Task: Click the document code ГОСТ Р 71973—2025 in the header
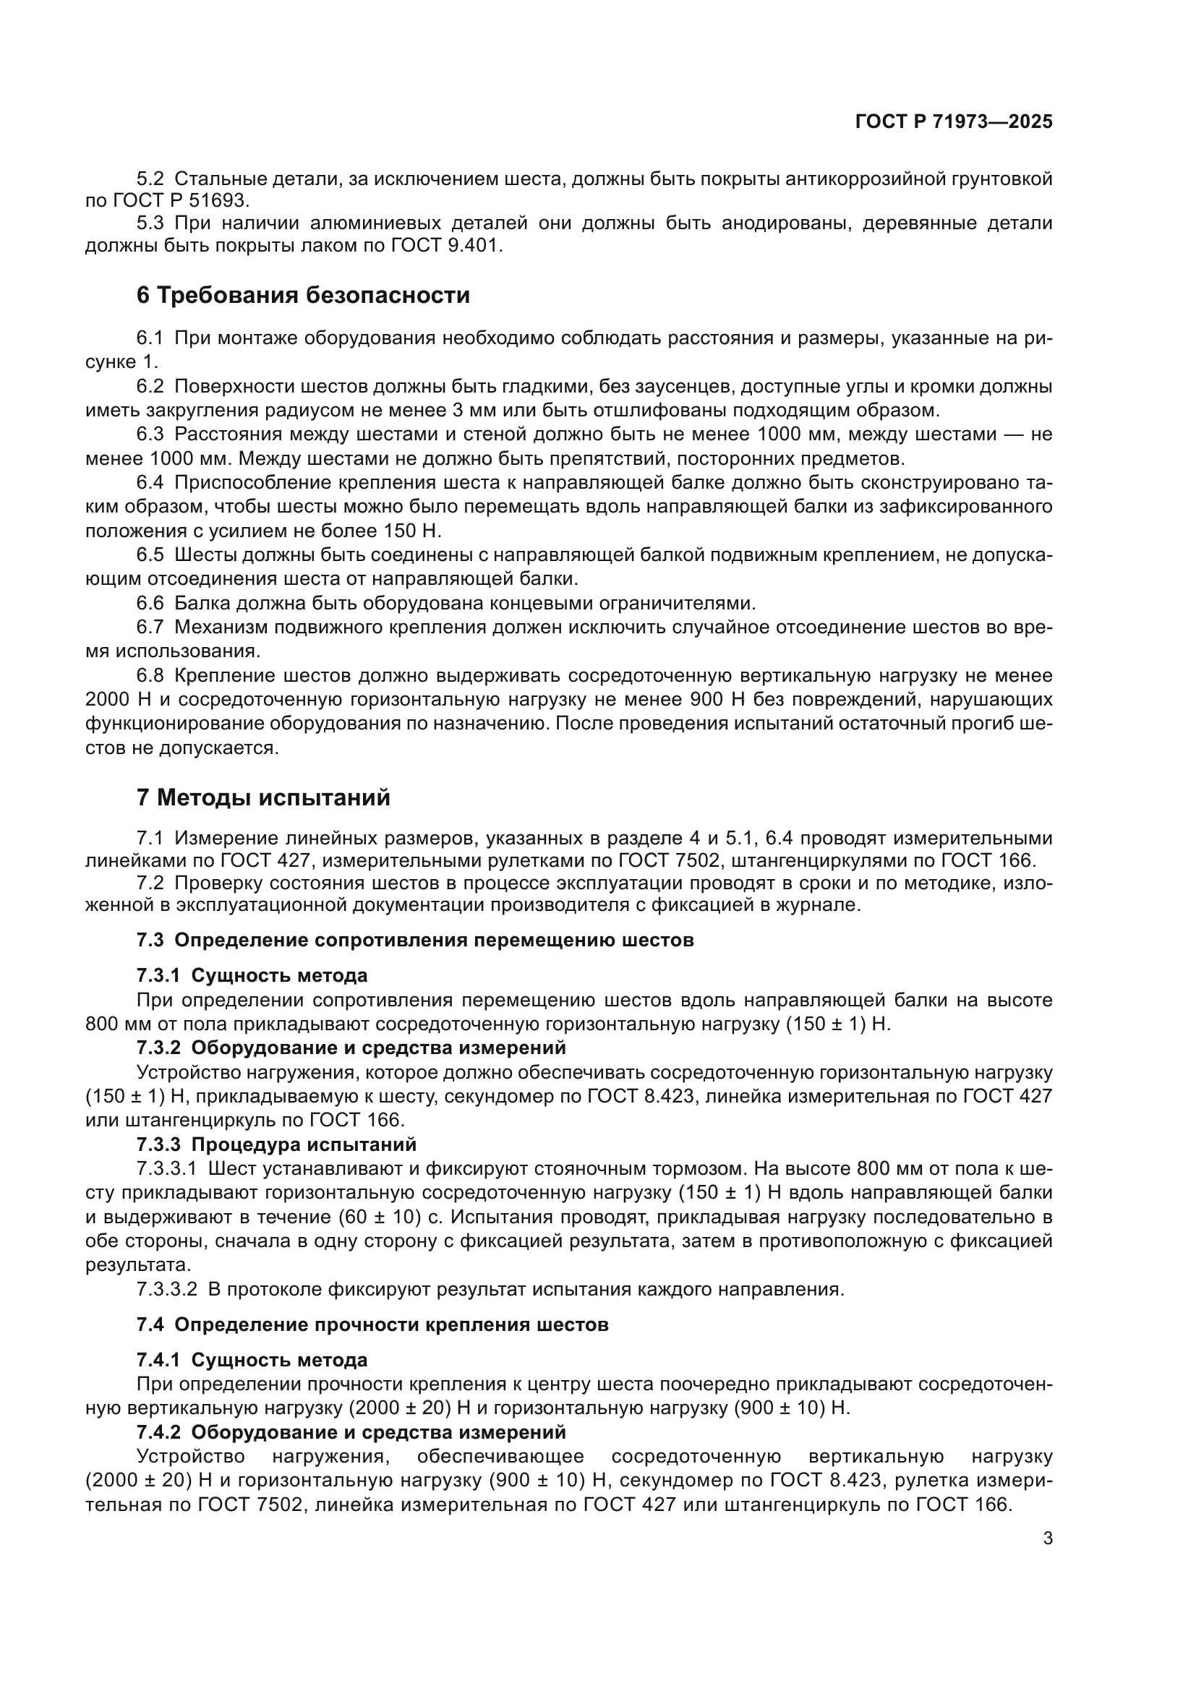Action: coord(954,122)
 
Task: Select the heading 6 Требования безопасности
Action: coord(303,296)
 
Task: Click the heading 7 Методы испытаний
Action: coord(263,797)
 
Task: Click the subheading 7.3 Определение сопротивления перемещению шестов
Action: coord(414,941)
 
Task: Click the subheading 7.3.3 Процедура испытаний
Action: coord(276,1144)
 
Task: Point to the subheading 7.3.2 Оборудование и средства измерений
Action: coord(351,1048)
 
